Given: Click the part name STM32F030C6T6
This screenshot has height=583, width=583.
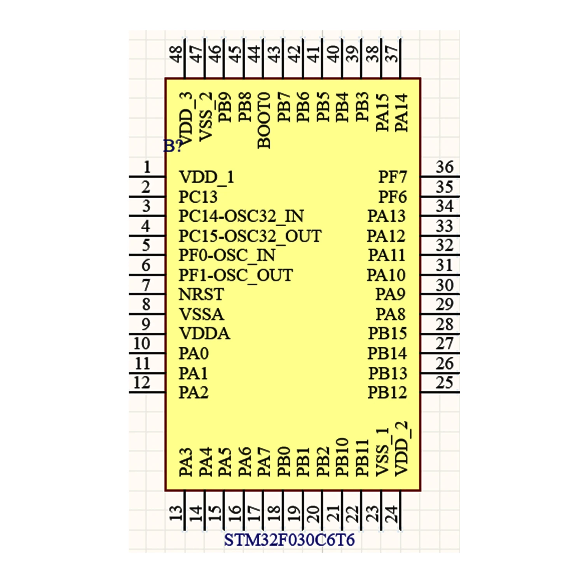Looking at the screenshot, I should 289,540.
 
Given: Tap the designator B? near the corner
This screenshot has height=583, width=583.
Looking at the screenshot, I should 173,146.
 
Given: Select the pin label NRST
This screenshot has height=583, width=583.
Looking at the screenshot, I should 201,294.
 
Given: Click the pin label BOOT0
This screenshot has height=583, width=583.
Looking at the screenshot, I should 264,120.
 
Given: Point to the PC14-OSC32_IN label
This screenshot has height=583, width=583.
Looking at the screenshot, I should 241,216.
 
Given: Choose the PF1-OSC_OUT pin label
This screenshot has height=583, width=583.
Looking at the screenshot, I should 236,275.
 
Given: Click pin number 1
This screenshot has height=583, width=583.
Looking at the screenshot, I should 147,167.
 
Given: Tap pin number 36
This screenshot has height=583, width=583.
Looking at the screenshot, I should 444,167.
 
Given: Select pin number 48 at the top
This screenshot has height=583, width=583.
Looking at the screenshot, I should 176,54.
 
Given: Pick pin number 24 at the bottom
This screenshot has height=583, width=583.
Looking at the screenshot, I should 392,513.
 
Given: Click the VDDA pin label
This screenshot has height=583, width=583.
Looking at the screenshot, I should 204,333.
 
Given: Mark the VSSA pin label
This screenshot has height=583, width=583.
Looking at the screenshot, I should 201,314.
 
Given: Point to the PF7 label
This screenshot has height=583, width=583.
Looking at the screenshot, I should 393,177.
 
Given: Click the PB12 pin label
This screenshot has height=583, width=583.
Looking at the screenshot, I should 387,393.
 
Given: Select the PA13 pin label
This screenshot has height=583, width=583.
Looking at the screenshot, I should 386,216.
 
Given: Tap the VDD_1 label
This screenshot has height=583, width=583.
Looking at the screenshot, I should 206,177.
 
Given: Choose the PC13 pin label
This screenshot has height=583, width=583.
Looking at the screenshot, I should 198,197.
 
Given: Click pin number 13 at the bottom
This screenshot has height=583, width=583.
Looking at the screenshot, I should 176,513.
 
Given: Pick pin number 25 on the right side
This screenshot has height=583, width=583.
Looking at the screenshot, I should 444,383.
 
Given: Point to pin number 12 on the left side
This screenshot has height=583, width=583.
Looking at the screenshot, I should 142,383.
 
